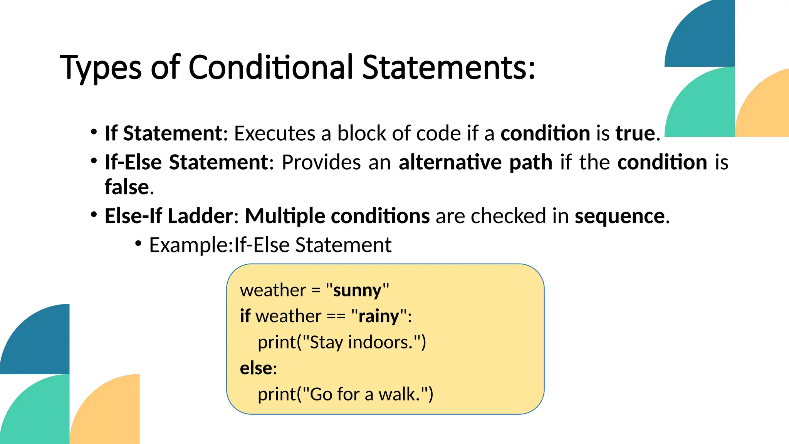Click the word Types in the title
click(x=101, y=68)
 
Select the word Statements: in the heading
click(x=448, y=68)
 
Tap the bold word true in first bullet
click(x=635, y=133)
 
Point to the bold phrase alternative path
click(x=475, y=162)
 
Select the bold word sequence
click(x=619, y=216)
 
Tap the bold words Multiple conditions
click(x=337, y=216)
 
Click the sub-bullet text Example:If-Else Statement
click(x=270, y=245)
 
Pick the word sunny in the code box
click(x=357, y=290)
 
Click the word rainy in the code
click(x=379, y=316)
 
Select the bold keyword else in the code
click(x=256, y=368)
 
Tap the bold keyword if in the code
click(x=245, y=316)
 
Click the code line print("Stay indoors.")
click(x=342, y=342)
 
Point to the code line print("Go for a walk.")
click(x=345, y=394)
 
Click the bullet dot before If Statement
click(x=94, y=132)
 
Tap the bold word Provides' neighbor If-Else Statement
click(x=186, y=162)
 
